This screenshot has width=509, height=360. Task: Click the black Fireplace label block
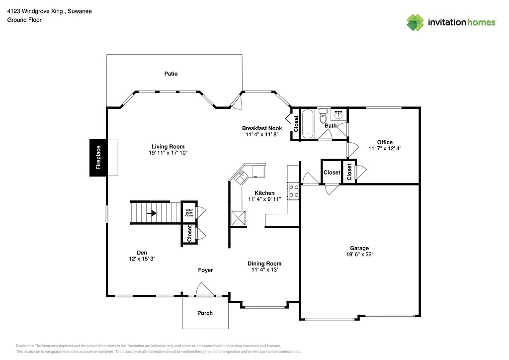(x=98, y=157)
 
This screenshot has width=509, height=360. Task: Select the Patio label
(x=171, y=74)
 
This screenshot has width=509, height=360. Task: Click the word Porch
(x=205, y=313)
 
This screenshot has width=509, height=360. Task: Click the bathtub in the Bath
(x=308, y=123)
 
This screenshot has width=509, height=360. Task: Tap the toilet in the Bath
(x=323, y=116)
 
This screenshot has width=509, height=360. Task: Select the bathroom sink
(x=340, y=115)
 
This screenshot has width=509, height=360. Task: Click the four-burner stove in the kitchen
(x=293, y=191)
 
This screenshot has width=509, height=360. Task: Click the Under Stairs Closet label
(x=189, y=212)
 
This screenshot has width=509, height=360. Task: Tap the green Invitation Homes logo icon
(x=416, y=22)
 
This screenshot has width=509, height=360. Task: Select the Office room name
(x=384, y=142)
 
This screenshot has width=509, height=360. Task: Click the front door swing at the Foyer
(x=204, y=290)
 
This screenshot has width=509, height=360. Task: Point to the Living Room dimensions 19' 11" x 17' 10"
(x=168, y=153)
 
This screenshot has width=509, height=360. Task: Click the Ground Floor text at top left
(x=24, y=20)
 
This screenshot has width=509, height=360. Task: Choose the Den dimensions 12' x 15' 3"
(x=142, y=259)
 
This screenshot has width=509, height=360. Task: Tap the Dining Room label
(x=264, y=264)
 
